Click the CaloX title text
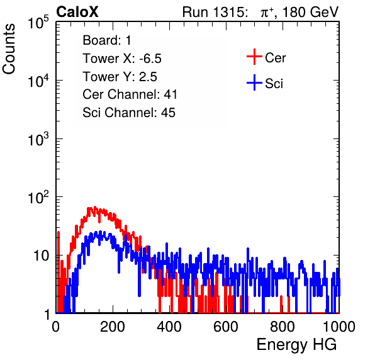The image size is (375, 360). tap(77, 12)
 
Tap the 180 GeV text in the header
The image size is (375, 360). tap(310, 12)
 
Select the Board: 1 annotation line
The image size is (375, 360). tap(107, 40)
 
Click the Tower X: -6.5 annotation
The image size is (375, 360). tap(122, 59)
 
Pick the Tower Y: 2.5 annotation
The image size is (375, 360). tap(120, 77)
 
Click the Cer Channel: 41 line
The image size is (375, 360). tap(130, 94)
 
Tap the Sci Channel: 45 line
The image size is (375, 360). tap(129, 113)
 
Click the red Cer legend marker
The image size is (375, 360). tap(254, 57)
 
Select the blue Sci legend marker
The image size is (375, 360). tap(254, 83)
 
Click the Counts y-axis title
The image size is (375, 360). tap(9, 48)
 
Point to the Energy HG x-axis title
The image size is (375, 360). tap(296, 344)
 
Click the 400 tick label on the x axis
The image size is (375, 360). tap(169, 327)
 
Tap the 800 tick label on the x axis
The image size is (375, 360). tap(283, 327)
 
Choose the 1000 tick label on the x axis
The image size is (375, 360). tap(339, 327)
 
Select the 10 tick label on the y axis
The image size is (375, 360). tap(42, 256)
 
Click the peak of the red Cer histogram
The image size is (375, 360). tap(95, 207)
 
